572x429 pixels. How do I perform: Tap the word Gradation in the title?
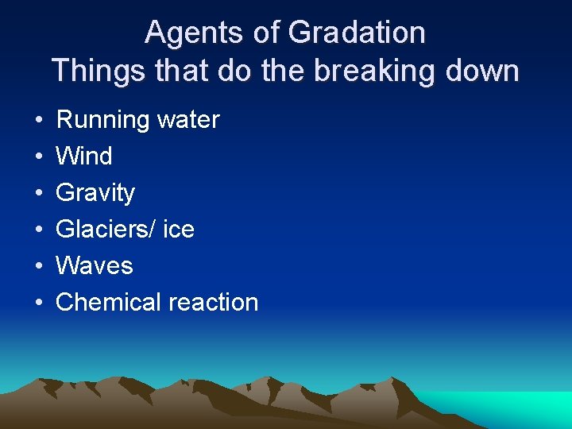pyautogui.click(x=357, y=33)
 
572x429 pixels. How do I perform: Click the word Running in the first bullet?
pyautogui.click(x=103, y=120)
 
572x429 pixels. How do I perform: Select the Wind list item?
pyautogui.click(x=83, y=157)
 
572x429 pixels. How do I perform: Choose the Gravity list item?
pyautogui.click(x=95, y=193)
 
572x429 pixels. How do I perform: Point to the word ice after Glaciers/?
pyautogui.click(x=178, y=230)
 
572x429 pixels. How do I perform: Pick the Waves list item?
pyautogui.click(x=94, y=266)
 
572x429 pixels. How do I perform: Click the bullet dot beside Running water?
pyautogui.click(x=39, y=121)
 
